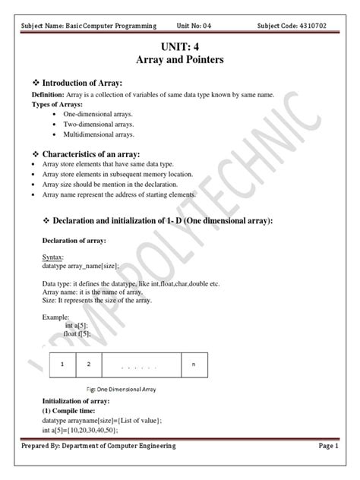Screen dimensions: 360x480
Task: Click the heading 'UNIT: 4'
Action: [x=179, y=46]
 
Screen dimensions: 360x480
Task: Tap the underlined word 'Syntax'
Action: [x=53, y=257]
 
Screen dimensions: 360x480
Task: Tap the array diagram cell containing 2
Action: [x=89, y=365]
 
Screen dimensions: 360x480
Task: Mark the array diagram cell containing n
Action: [x=194, y=365]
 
